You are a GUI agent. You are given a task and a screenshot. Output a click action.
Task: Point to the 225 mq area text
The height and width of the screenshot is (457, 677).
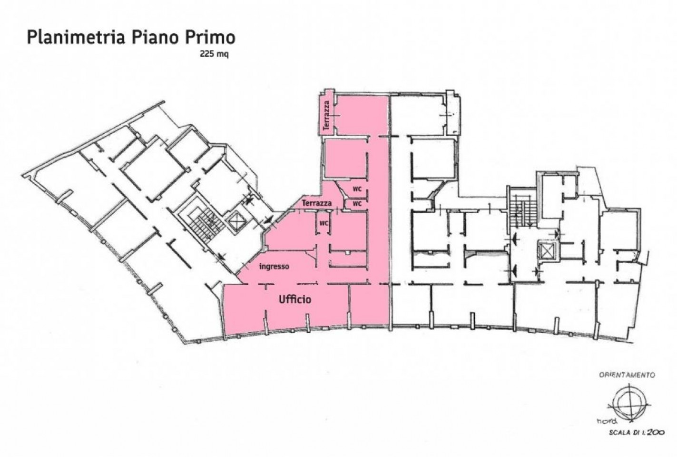tap(214, 54)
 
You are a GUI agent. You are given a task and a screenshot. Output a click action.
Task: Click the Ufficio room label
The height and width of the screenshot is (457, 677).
tap(294, 299)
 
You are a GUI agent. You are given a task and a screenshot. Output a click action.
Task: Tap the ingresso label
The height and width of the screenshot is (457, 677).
tap(274, 267)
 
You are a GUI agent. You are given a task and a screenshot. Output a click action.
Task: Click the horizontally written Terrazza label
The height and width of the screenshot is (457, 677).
tap(316, 203)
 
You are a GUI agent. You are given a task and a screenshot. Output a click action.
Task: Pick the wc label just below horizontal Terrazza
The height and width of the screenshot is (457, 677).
tap(324, 223)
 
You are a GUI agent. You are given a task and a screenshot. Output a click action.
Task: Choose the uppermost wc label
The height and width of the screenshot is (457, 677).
tap(357, 189)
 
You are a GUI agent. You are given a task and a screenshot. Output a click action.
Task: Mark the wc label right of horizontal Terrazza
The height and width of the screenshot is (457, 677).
tap(357, 204)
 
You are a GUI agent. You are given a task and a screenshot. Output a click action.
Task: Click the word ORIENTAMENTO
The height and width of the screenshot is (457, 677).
tap(627, 375)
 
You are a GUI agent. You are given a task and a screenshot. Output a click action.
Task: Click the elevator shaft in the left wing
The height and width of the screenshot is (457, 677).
tap(235, 222)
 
